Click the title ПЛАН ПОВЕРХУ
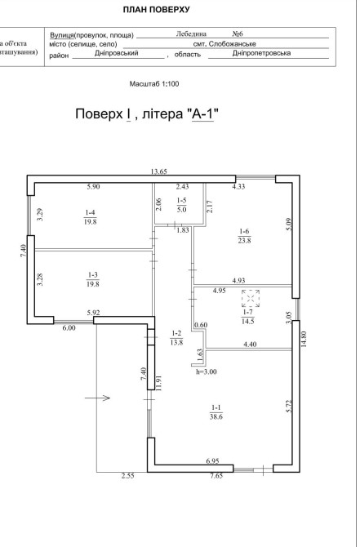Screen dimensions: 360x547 point(156,10)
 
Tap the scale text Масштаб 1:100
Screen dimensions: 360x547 point(154,84)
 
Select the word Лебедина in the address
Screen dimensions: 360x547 point(191,33)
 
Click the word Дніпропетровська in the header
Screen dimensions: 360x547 point(261,53)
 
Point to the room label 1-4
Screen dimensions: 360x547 point(90,212)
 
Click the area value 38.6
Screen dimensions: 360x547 point(216,416)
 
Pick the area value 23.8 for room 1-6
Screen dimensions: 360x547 point(245,240)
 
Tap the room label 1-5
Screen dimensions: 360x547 point(182,201)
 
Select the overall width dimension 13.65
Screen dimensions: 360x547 point(159,171)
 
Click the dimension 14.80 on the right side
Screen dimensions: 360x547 point(304,339)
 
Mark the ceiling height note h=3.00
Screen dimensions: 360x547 point(207,371)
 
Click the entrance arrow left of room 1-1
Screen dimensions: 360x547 point(98,398)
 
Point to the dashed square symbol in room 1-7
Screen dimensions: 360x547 point(251,299)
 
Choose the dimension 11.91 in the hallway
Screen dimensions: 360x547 point(159,383)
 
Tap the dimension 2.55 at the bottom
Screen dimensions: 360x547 point(128,475)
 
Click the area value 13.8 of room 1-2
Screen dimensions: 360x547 point(176,342)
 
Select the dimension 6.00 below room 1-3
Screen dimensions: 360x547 point(69,327)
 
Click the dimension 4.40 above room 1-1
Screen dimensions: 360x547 point(250,345)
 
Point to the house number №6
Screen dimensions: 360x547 point(238,33)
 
